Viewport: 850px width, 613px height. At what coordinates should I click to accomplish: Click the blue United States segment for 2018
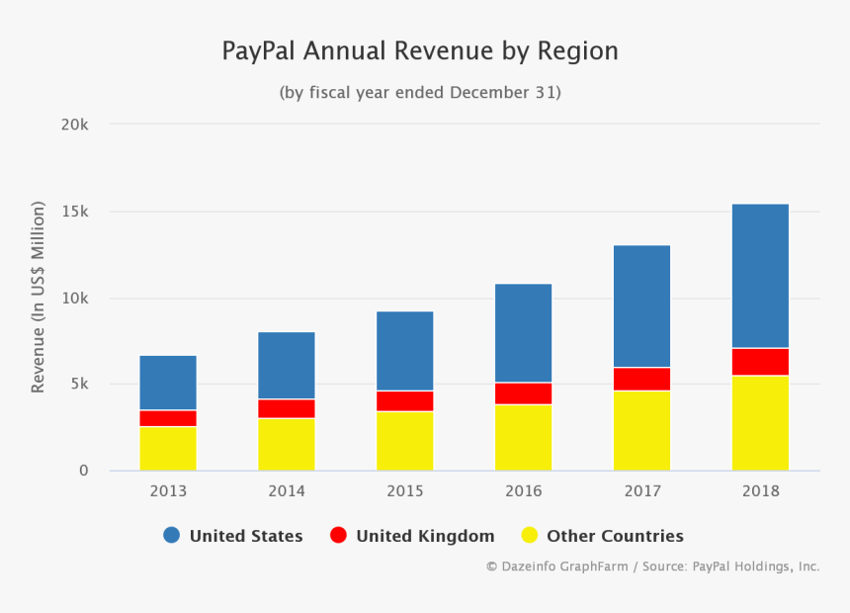click(760, 276)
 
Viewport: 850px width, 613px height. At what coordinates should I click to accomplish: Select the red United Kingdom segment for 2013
click(168, 418)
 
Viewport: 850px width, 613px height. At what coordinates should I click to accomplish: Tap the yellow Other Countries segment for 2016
click(523, 437)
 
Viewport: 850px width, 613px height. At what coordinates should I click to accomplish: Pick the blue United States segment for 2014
click(287, 366)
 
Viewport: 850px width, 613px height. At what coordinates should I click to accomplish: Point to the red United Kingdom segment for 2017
click(641, 379)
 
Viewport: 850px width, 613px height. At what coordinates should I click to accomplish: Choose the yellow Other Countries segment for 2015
click(404, 441)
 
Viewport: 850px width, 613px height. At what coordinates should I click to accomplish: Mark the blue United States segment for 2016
click(523, 333)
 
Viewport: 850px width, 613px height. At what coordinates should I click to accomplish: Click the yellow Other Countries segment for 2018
click(760, 423)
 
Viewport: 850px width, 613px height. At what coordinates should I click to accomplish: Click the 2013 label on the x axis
click(168, 490)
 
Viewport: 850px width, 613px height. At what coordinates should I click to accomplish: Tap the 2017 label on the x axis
click(641, 490)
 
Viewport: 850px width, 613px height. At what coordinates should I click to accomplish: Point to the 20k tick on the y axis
click(76, 126)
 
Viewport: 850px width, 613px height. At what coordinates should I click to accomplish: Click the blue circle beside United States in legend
click(172, 536)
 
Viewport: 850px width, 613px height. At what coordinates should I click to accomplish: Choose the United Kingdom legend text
click(425, 536)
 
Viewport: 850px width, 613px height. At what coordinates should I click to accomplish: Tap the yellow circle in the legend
click(530, 536)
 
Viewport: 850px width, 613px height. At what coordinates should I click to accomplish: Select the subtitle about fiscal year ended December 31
click(420, 93)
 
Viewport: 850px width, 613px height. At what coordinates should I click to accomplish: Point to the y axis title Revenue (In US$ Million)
click(39, 297)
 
